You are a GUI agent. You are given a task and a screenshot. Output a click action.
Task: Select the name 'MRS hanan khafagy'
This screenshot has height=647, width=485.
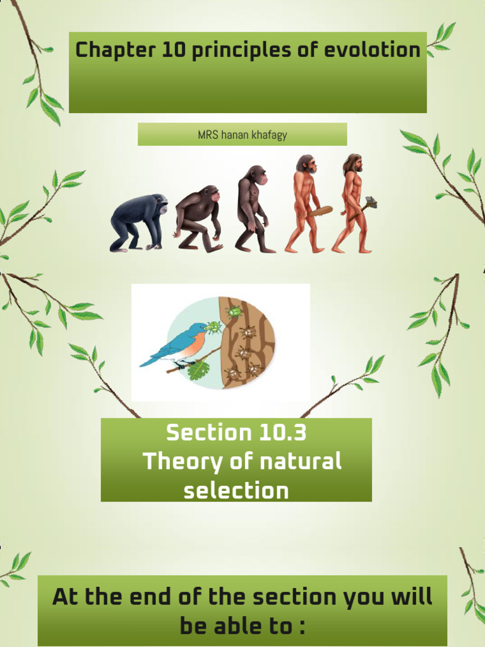point(242,135)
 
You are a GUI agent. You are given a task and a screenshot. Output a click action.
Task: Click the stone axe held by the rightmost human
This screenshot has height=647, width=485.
point(370,203)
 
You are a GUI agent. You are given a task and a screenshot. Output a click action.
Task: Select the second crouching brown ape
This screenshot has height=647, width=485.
point(198,218)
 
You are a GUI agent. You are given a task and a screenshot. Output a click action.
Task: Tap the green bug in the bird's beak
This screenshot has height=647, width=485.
point(213,327)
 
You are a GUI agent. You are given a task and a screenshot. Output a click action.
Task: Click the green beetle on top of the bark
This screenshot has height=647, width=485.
point(234,311)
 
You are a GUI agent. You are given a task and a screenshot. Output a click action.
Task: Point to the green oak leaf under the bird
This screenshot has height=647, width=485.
point(199,369)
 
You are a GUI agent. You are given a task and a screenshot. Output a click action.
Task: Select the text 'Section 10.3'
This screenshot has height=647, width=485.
point(236,433)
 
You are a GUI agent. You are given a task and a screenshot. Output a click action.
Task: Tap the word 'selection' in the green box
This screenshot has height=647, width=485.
point(236,490)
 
